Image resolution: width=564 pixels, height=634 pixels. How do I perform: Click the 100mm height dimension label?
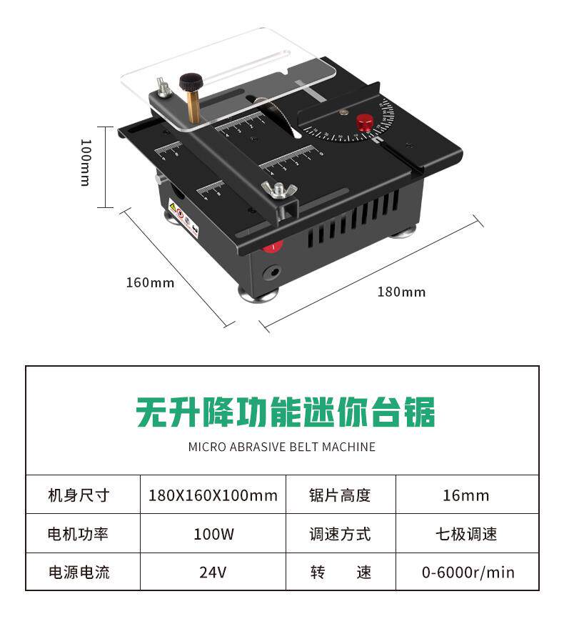[x=84, y=162]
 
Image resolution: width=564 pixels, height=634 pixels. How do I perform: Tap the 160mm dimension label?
[x=150, y=282]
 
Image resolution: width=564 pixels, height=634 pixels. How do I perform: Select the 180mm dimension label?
[x=401, y=292]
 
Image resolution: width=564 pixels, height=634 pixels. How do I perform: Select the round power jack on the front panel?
[x=272, y=272]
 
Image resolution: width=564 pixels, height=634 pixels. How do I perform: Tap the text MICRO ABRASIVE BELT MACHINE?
[x=281, y=447]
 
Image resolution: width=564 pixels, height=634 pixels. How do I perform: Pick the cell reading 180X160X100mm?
[x=213, y=495]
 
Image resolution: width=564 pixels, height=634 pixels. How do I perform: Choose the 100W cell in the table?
[x=213, y=534]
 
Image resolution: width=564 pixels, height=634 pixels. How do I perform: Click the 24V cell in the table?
[x=213, y=572]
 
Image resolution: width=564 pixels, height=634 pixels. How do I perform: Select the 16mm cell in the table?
[x=465, y=495]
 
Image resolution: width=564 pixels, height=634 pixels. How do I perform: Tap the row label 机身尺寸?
[x=79, y=495]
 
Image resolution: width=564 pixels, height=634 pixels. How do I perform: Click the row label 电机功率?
[x=79, y=534]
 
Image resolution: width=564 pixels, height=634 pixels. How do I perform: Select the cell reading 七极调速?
[x=466, y=534]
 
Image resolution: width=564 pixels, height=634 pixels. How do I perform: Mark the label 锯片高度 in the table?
[x=340, y=495]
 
